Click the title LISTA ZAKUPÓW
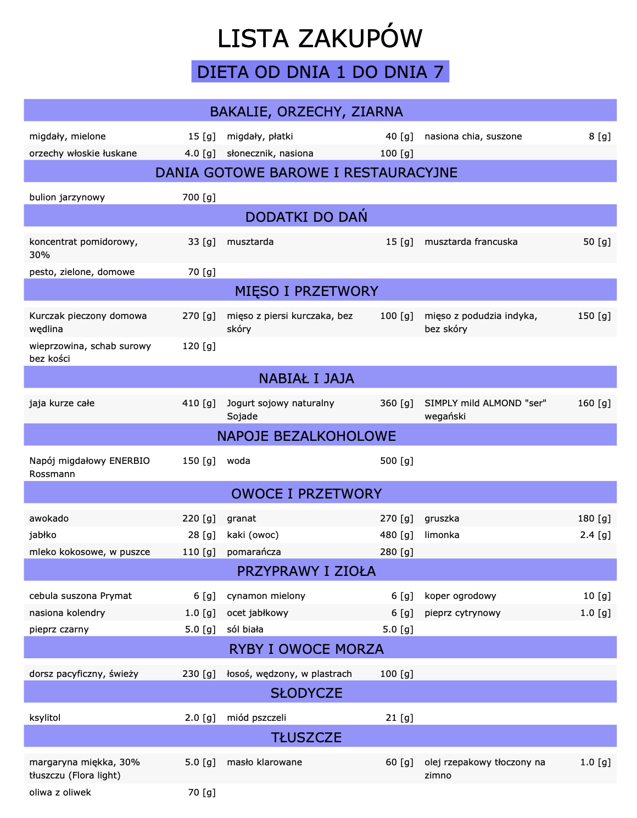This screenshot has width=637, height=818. [320, 39]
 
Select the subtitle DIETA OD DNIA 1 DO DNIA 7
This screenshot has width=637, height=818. [320, 72]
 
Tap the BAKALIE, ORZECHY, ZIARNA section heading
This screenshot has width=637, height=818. [306, 112]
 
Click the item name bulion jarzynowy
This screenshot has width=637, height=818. [67, 198]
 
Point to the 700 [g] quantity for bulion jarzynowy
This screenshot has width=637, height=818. [199, 198]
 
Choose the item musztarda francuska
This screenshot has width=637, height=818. [471, 242]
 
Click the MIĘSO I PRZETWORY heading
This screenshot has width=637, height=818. [306, 292]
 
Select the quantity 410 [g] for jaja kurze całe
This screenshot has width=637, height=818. [199, 404]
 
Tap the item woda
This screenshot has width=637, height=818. [238, 461]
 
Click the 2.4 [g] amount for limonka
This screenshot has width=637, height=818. [595, 535]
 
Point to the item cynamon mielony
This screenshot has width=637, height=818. [266, 596]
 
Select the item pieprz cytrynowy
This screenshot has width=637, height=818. [462, 613]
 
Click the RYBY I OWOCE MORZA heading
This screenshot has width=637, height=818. [306, 649]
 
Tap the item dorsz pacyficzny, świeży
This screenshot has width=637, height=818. [83, 674]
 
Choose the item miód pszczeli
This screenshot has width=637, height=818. [256, 718]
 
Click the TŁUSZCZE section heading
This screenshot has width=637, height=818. [306, 738]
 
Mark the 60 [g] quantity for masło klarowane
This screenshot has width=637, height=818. [399, 763]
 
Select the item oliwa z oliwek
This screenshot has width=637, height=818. [60, 793]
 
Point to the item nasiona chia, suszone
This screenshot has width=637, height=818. [473, 137]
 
